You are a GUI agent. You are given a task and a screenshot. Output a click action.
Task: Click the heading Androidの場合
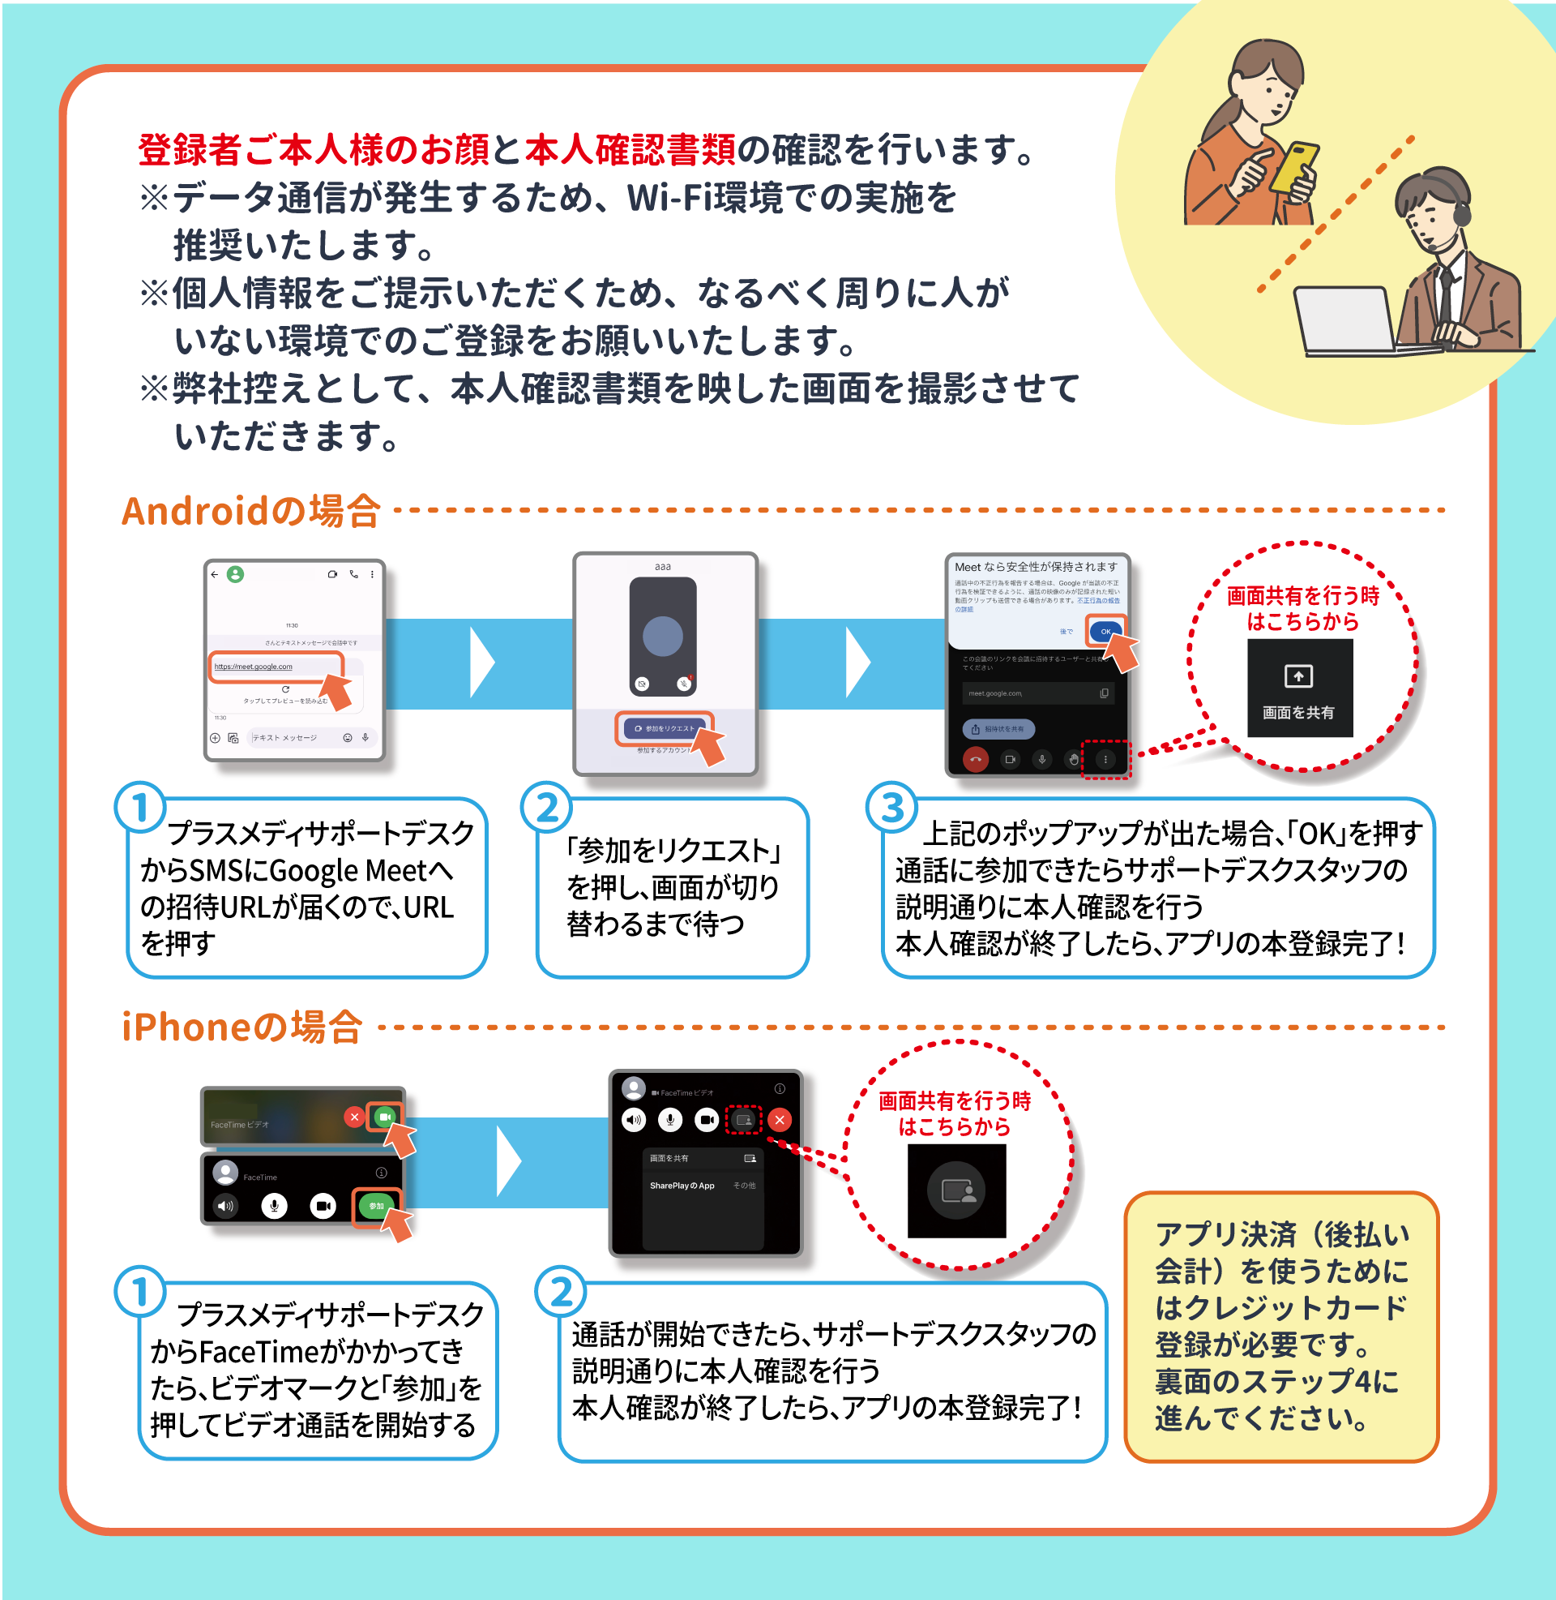click(251, 511)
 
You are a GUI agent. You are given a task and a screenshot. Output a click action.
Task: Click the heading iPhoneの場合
click(242, 1027)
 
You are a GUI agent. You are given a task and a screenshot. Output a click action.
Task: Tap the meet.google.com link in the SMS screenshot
click(254, 667)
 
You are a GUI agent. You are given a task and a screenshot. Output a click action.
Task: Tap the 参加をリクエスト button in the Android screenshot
click(664, 727)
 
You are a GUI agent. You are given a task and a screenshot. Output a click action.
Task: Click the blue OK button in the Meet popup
click(1105, 631)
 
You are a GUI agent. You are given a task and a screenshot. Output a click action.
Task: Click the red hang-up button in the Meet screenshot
click(975, 759)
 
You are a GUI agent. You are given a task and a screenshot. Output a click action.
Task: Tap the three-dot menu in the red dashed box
click(1105, 760)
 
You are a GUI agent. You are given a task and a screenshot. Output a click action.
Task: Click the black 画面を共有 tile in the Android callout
click(1298, 688)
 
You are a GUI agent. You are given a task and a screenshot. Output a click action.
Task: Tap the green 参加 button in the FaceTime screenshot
click(376, 1206)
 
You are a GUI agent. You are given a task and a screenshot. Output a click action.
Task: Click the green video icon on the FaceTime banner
click(384, 1117)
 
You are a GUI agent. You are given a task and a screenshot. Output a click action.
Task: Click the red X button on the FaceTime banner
click(354, 1117)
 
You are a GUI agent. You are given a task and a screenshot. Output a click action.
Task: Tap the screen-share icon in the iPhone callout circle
click(956, 1190)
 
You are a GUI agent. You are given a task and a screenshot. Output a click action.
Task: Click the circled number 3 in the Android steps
click(891, 807)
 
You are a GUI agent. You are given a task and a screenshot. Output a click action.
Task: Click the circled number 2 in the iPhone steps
click(561, 1292)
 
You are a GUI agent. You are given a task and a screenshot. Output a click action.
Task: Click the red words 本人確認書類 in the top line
click(630, 149)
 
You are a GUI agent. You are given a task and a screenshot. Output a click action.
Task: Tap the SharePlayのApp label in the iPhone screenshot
click(682, 1186)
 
